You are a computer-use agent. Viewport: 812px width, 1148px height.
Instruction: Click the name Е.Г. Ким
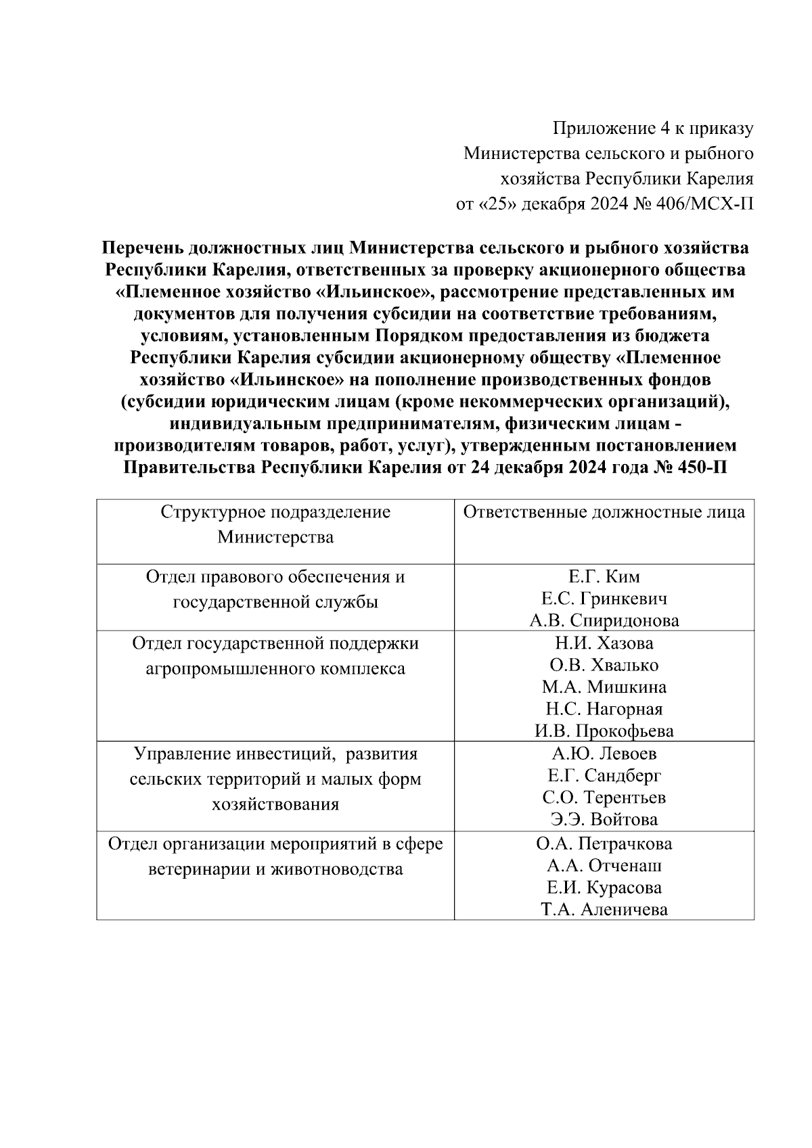(x=604, y=577)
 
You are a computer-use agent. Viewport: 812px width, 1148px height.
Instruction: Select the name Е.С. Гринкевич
(x=604, y=599)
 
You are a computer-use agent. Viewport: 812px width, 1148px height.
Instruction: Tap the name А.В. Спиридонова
(x=604, y=621)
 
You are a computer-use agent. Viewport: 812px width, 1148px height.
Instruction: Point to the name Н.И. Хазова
(x=604, y=643)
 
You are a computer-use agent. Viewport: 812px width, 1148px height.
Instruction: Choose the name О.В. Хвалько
(x=604, y=665)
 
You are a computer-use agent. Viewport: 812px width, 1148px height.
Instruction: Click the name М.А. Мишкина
(x=604, y=687)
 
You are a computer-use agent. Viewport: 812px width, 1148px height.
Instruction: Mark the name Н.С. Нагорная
(x=604, y=709)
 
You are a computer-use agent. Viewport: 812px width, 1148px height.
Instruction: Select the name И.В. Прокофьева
(x=604, y=731)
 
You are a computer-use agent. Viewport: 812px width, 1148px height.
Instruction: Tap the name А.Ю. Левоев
(x=604, y=754)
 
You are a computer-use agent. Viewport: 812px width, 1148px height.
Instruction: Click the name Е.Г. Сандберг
(x=604, y=775)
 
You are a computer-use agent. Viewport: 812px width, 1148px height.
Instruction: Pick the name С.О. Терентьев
(x=604, y=798)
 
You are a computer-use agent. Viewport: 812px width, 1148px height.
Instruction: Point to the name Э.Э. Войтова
(x=604, y=820)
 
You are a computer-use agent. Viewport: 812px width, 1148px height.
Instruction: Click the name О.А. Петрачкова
(x=604, y=844)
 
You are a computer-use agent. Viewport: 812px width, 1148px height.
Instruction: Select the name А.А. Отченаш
(x=604, y=865)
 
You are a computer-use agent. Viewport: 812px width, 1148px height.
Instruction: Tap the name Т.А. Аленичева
(x=604, y=910)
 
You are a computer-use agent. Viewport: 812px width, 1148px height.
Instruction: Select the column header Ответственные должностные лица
(x=604, y=512)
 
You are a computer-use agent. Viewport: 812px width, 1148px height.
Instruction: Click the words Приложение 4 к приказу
(x=653, y=128)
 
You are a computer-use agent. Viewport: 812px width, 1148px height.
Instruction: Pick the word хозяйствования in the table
(x=275, y=805)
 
